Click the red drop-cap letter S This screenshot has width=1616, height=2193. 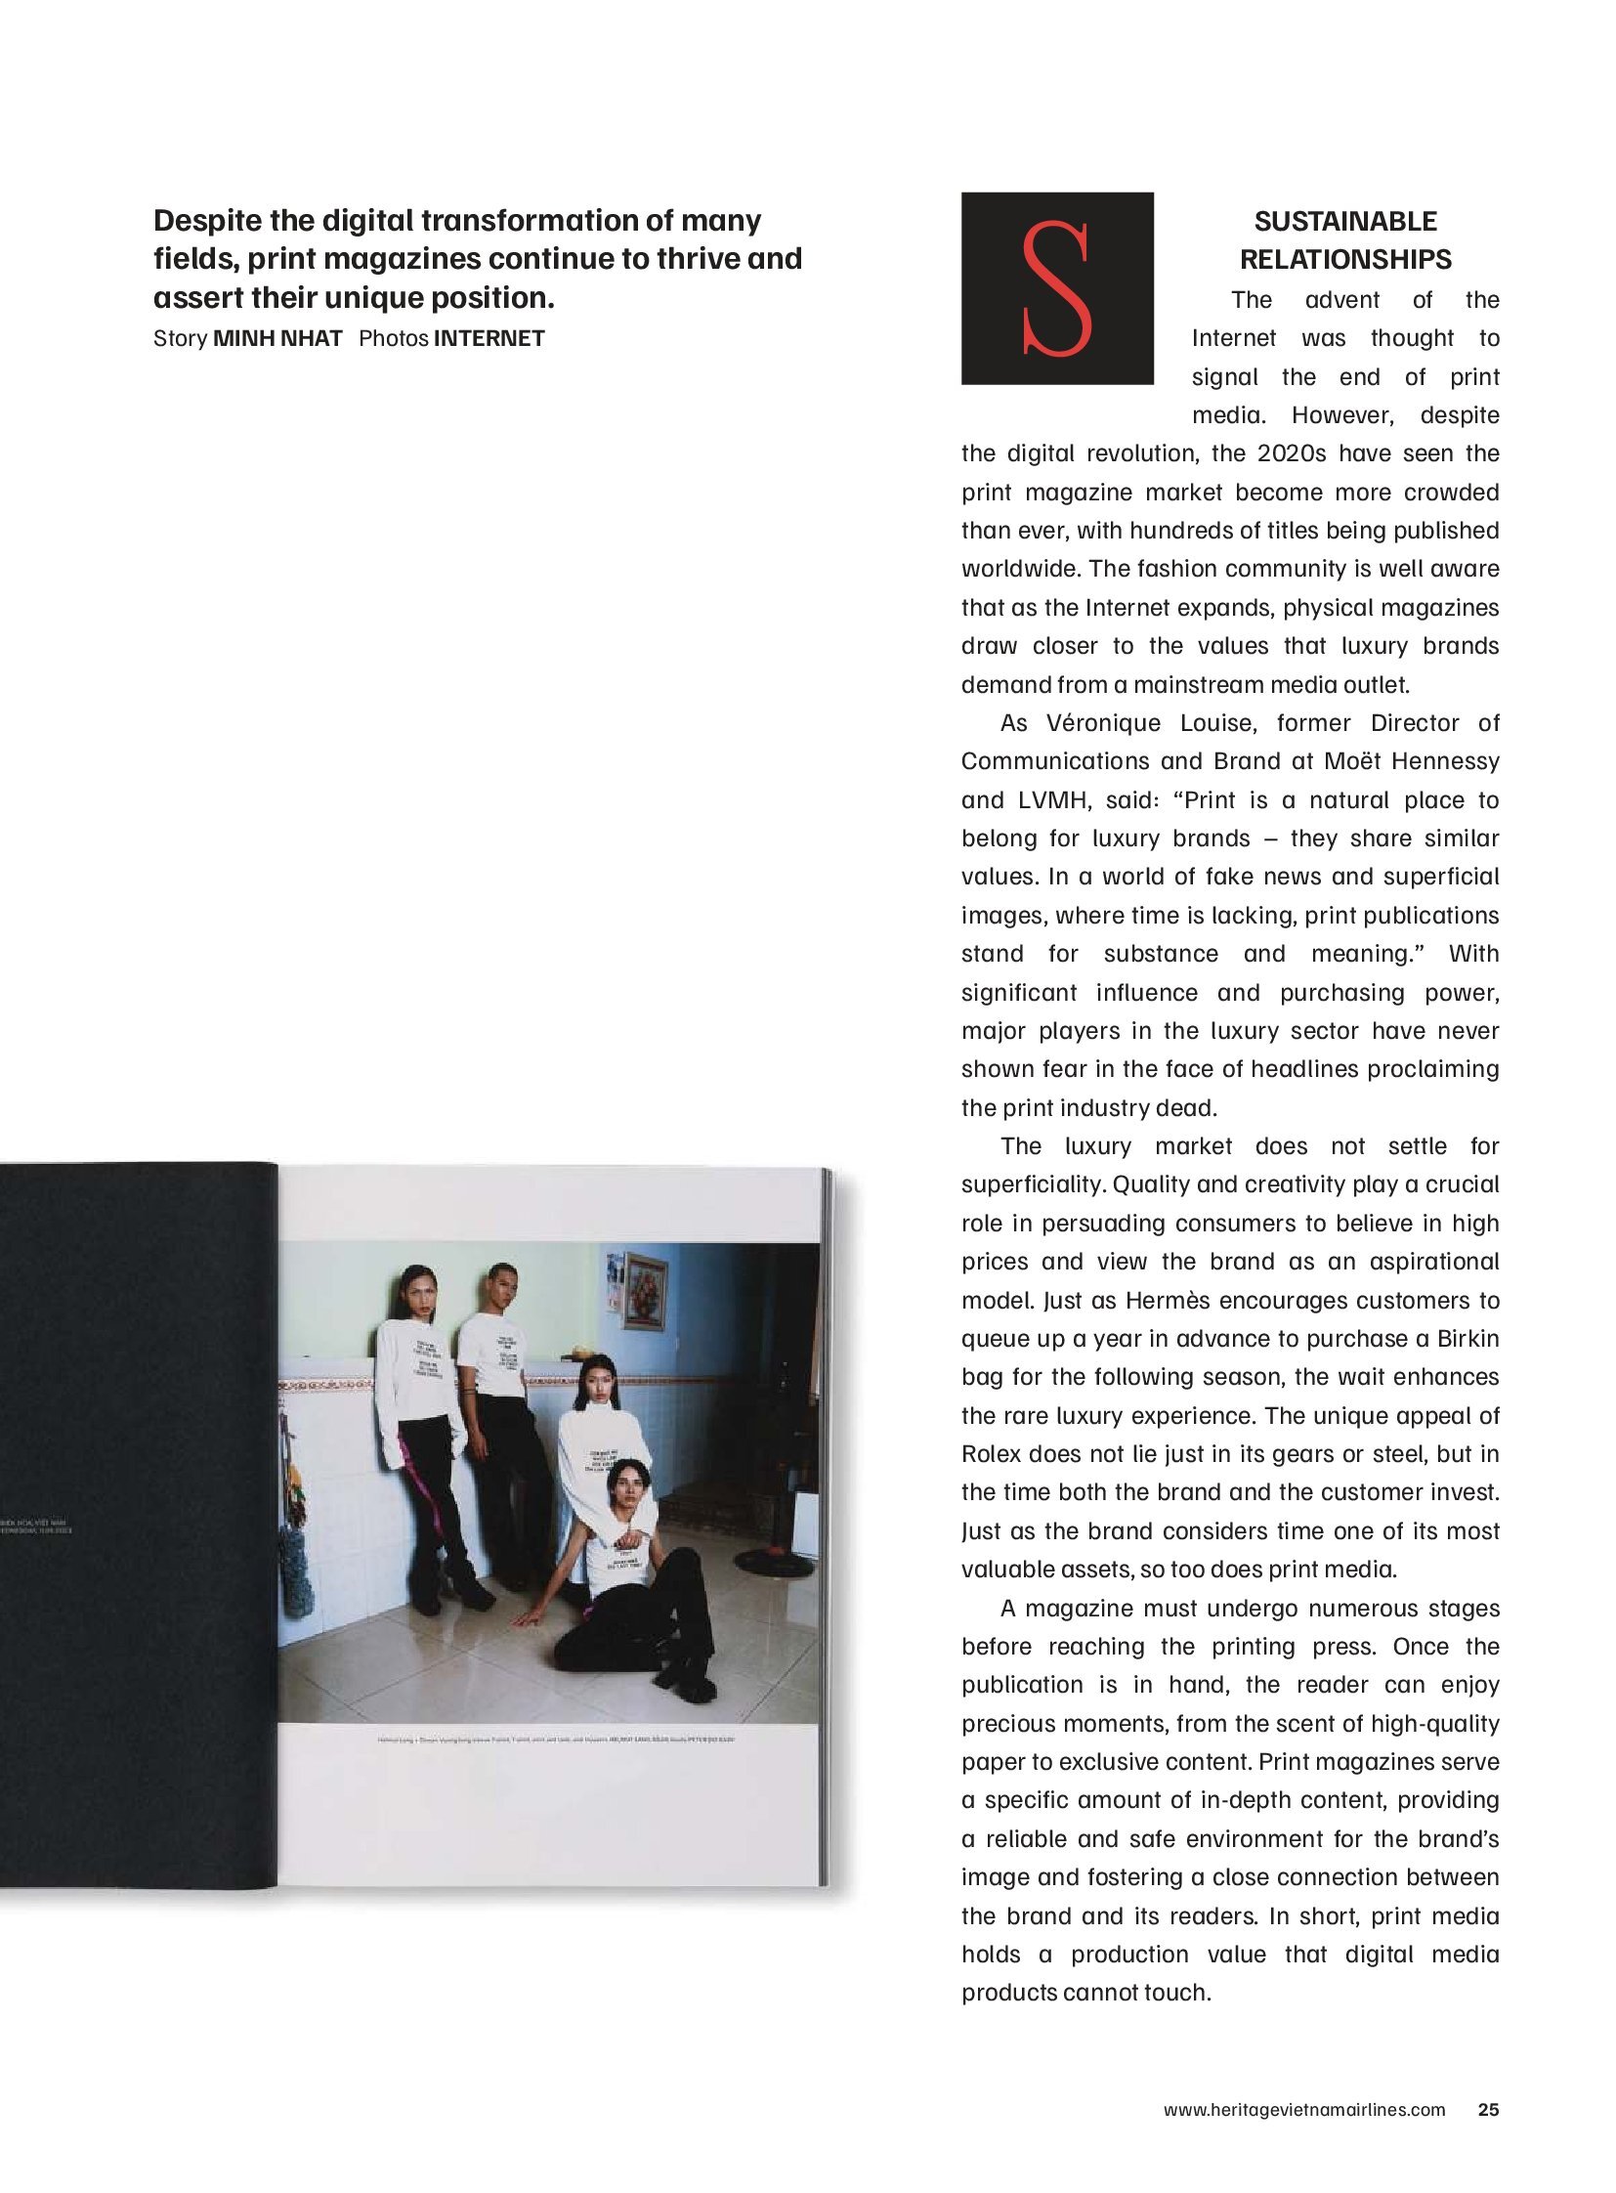tap(1055, 287)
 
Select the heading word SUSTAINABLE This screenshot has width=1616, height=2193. tap(1345, 221)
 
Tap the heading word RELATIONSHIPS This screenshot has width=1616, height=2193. tap(1345, 259)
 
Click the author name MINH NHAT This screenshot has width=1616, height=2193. tap(277, 338)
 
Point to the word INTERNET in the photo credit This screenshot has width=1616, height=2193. tap(489, 338)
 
